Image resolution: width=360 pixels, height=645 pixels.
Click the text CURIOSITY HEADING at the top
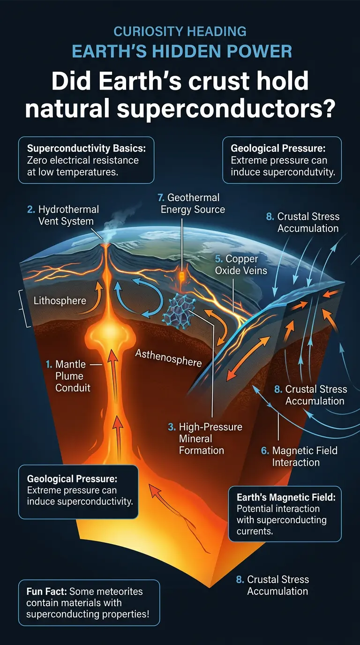pos(180,31)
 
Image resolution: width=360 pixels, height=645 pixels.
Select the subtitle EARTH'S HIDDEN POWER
pos(180,50)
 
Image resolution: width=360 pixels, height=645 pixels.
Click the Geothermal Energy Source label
pos(193,203)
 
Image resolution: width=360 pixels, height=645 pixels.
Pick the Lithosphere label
pos(60,300)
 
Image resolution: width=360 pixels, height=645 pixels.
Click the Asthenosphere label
pos(168,357)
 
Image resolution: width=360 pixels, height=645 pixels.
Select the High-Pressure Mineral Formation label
pos(205,439)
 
